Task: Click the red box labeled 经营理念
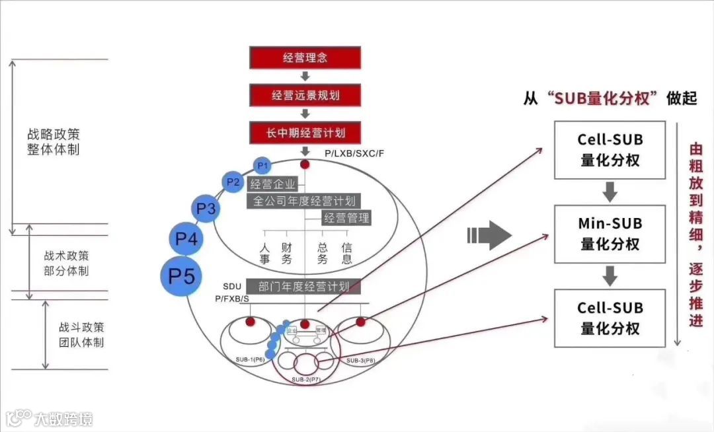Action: coord(305,57)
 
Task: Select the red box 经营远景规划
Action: coord(305,95)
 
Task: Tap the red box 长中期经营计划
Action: coord(305,133)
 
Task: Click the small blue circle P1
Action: coord(262,164)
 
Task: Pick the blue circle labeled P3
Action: coord(206,209)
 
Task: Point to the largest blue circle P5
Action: coord(181,275)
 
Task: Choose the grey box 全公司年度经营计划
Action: coord(304,201)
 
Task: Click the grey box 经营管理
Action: coord(346,217)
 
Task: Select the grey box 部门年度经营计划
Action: coord(304,287)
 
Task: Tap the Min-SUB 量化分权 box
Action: coord(610,234)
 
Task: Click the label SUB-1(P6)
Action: coord(250,359)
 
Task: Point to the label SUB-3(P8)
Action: coord(360,361)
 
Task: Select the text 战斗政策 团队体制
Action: coord(81,335)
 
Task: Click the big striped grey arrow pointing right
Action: coord(490,235)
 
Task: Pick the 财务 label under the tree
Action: coord(286,253)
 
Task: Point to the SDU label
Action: coord(232,286)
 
